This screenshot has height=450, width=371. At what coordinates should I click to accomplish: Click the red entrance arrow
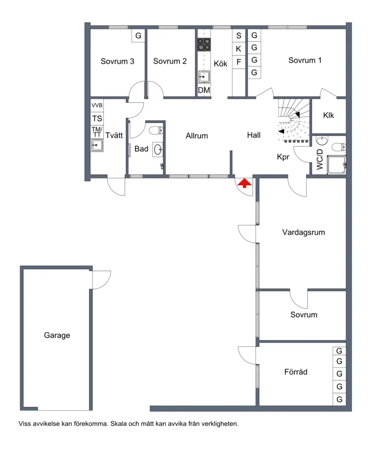pyautogui.click(x=244, y=183)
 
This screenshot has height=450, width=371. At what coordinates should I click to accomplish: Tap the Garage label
pyautogui.click(x=57, y=335)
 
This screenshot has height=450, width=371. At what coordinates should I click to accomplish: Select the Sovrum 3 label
pyautogui.click(x=117, y=61)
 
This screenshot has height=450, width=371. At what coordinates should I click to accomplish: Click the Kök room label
pyautogui.click(x=220, y=64)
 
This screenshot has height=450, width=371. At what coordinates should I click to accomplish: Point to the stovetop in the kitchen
pyautogui.click(x=204, y=45)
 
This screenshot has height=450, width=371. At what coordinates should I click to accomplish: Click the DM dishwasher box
pyautogui.click(x=204, y=90)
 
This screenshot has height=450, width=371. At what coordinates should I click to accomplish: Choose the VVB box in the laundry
pyautogui.click(x=97, y=105)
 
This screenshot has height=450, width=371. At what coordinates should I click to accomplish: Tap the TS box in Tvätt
pyautogui.click(x=97, y=118)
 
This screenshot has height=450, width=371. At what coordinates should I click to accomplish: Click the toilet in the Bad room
pyautogui.click(x=156, y=130)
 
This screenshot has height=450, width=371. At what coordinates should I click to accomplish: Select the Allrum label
pyautogui.click(x=197, y=135)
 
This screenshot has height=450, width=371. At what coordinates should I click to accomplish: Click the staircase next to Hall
pyautogui.click(x=294, y=121)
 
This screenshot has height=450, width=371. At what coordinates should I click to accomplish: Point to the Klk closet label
pyautogui.click(x=328, y=115)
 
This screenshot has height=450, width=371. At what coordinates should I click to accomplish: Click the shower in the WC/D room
pyautogui.click(x=336, y=165)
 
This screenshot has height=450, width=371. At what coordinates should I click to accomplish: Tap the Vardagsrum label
pyautogui.click(x=304, y=232)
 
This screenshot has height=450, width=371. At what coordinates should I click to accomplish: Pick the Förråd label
pyautogui.click(x=296, y=372)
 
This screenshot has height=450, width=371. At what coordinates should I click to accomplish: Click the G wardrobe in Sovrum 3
pyautogui.click(x=138, y=36)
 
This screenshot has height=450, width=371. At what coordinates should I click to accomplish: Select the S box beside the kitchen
pyautogui.click(x=239, y=36)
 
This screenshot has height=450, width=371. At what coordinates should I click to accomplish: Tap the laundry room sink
pyautogui.click(x=97, y=145)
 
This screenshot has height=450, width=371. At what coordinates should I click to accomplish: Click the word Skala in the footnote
pyautogui.click(x=118, y=424)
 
